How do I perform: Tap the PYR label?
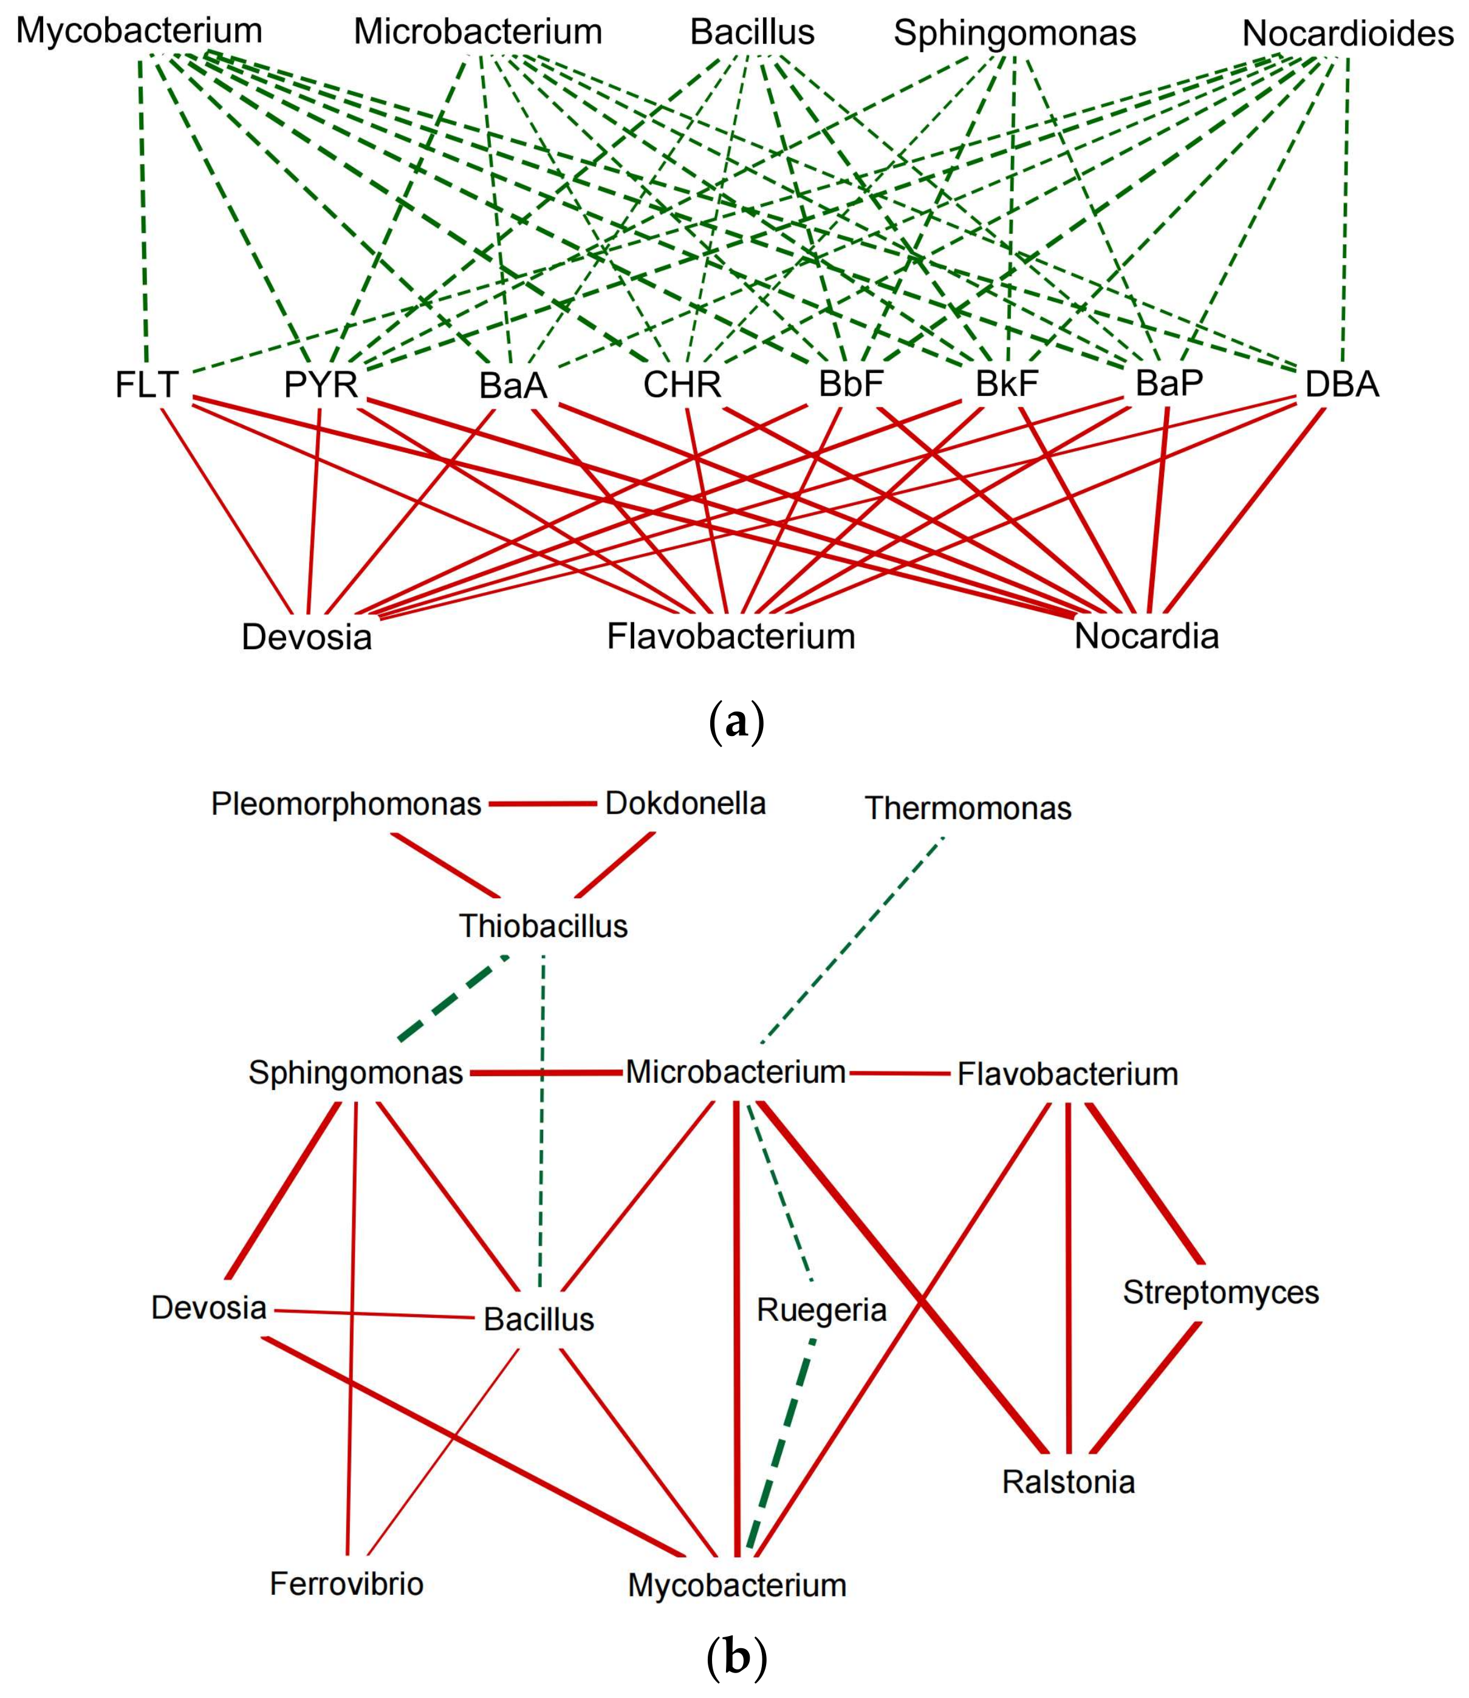pos(321,384)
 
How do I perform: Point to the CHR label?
pos(682,384)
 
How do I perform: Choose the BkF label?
pos(1007,384)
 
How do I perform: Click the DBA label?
pos(1342,384)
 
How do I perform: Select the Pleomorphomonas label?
pos(346,804)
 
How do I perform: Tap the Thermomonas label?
pos(967,809)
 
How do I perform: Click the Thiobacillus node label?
pos(543,927)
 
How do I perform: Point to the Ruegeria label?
pos(821,1309)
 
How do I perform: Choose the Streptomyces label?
pos(1221,1292)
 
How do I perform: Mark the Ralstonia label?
pos(1068,1482)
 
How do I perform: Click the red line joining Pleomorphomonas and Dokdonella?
pos(543,805)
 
